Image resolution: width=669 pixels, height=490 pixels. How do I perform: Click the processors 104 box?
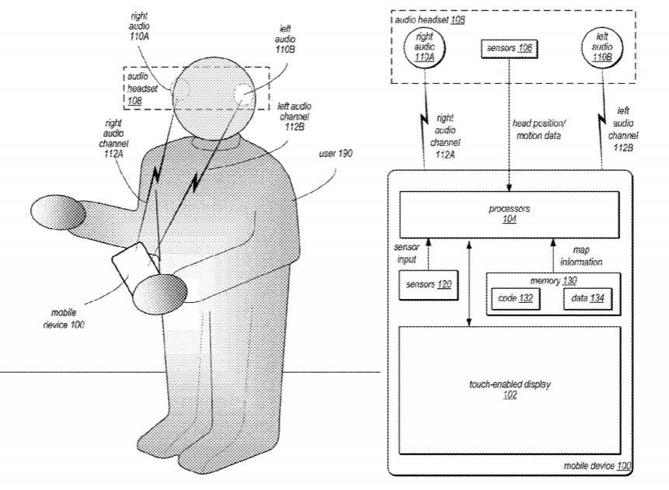pos(509,214)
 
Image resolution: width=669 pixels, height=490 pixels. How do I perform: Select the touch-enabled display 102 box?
pos(510,391)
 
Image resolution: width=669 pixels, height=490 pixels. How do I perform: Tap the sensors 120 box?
pos(428,285)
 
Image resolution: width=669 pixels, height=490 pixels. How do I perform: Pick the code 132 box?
pos(515,298)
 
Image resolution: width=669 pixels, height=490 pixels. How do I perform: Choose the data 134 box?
pos(587,298)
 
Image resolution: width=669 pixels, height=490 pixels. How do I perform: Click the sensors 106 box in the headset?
pos(509,48)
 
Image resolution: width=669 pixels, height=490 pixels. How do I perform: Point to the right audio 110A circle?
pos(424,47)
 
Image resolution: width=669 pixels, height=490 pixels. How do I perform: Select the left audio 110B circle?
pos(602,47)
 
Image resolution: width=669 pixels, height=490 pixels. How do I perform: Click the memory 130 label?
pos(553,280)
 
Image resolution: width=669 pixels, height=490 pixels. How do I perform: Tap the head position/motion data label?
pos(538,129)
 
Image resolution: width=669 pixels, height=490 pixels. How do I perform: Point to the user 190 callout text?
pos(336,154)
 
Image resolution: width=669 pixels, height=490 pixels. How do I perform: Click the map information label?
pos(581,256)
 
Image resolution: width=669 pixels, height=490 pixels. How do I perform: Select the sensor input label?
pos(406,253)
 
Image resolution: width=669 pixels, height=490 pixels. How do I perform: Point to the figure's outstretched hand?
pos(58,212)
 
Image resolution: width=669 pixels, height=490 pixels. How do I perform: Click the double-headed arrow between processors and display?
pos(469,283)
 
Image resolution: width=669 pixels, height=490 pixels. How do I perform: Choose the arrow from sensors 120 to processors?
pos(429,255)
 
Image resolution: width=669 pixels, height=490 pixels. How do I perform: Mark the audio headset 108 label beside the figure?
pos(141,89)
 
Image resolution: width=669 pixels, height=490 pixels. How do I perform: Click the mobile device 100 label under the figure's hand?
pos(63,318)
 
